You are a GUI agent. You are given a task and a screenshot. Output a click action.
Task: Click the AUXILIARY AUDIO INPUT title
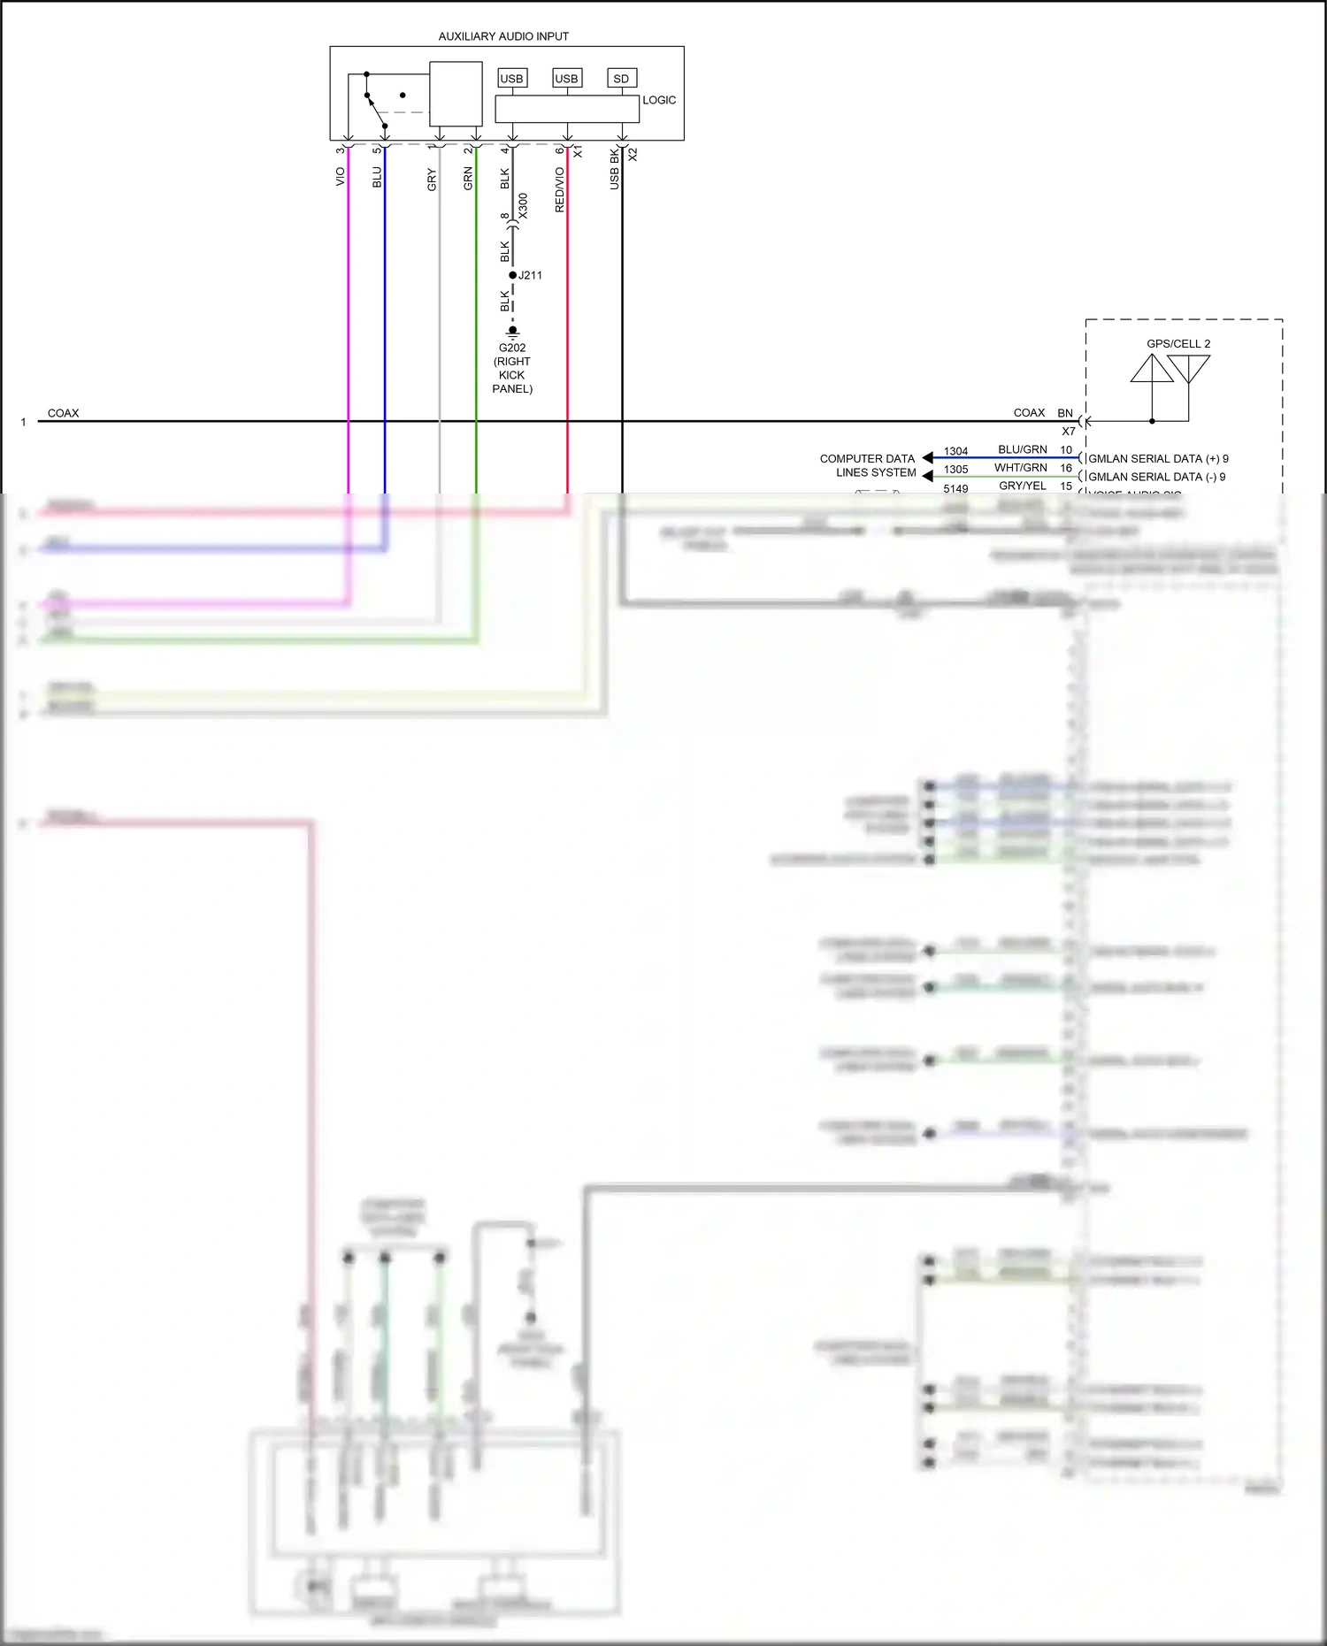pos(503,36)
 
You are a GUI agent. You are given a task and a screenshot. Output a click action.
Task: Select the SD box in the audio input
pos(622,79)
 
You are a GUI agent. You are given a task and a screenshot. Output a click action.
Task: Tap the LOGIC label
pos(659,100)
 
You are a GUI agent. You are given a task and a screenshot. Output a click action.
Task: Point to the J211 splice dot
pos(513,275)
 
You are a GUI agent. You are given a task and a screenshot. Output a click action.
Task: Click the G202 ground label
pos(512,348)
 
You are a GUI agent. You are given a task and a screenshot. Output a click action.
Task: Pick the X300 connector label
pos(523,206)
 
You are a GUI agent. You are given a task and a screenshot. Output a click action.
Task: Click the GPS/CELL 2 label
pos(1178,343)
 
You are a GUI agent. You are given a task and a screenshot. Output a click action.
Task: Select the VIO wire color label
pos(340,177)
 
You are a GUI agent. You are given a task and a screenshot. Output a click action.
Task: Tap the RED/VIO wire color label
pos(559,189)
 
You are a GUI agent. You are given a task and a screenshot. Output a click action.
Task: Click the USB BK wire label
pos(614,168)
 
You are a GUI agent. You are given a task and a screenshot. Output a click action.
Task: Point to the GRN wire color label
pos(468,179)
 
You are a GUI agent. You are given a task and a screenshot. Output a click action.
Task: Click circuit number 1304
pos(955,451)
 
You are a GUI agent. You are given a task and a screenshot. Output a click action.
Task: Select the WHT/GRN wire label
pos(1020,468)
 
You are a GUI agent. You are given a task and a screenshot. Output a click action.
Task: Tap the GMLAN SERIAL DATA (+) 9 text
pos(1158,458)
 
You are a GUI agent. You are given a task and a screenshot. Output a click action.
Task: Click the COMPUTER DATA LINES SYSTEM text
pos(868,465)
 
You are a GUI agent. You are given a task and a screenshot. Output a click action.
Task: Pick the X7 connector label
pos(1069,432)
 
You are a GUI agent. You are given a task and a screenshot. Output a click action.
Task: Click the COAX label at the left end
pos(63,413)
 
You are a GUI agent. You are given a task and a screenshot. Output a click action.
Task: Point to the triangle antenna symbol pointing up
pos(1152,370)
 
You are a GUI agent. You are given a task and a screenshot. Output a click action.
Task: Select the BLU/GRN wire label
pos(1022,449)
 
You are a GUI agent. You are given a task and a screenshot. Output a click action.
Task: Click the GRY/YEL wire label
pos(1022,486)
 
